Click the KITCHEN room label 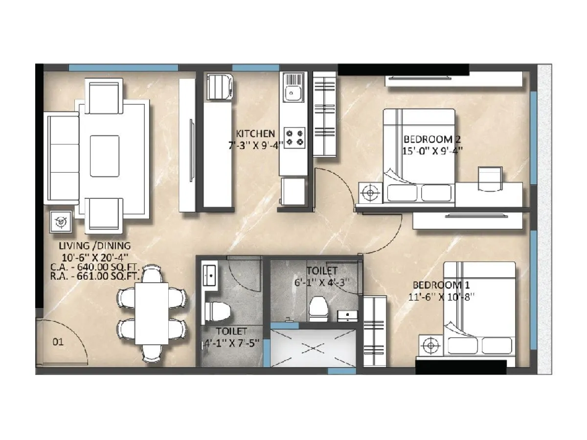[x=255, y=133]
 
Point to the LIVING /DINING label [x=94, y=245]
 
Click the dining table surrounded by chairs [x=151, y=311]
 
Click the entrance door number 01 [x=58, y=342]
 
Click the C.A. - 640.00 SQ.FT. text [x=95, y=267]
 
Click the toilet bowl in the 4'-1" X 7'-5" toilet [x=215, y=310]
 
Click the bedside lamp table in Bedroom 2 [x=370, y=193]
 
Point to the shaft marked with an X [x=313, y=348]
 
